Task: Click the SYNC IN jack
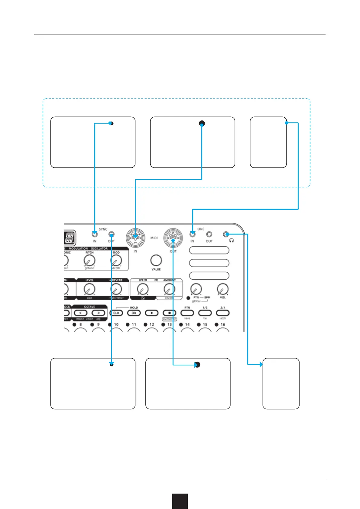tap(95, 234)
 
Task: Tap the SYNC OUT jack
tap(112, 234)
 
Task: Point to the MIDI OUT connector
tap(173, 237)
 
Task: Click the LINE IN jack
tap(192, 234)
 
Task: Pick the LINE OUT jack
tap(209, 234)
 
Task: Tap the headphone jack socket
tap(225, 234)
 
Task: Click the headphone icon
tap(232, 241)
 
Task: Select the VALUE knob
tap(156, 260)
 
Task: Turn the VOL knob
tap(223, 289)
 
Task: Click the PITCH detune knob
tap(89, 260)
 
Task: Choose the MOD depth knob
tap(116, 260)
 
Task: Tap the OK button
tap(134, 313)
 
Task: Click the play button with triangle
tap(152, 313)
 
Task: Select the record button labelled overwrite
tap(169, 313)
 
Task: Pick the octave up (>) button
tap(98, 313)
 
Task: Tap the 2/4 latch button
tap(223, 313)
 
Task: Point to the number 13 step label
tap(170, 325)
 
